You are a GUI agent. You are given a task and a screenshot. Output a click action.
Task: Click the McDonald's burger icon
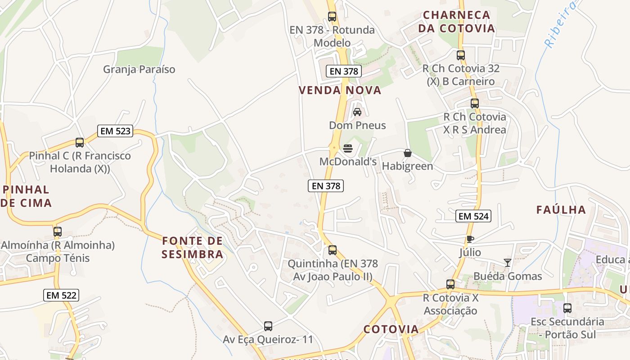347,148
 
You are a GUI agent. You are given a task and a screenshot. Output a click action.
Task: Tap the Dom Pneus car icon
357,112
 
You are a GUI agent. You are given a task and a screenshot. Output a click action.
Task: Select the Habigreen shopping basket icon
408,153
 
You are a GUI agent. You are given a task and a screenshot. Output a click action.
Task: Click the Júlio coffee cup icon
470,239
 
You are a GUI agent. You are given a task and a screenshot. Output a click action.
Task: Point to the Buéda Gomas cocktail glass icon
508,263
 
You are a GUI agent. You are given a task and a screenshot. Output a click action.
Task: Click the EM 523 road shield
115,131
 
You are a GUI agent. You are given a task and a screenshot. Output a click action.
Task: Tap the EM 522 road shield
61,295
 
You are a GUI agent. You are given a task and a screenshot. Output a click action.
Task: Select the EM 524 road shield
473,216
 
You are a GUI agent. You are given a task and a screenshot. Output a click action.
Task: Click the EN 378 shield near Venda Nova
344,71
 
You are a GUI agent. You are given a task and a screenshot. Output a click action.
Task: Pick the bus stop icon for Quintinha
333,250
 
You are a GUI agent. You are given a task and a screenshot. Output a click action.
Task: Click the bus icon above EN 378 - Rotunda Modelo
332,17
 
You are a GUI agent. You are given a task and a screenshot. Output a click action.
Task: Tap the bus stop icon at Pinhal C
80,143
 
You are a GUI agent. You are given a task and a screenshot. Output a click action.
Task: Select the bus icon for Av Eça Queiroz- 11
268,326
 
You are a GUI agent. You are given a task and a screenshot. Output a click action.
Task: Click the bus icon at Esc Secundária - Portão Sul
567,308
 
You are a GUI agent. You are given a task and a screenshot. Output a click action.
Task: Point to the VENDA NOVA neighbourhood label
340,90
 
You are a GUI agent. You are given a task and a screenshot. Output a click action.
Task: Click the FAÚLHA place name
561,210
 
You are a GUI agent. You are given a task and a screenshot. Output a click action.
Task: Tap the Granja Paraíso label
139,69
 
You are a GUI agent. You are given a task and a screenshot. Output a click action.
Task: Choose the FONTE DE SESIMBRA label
193,247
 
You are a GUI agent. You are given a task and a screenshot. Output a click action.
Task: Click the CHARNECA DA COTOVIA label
456,22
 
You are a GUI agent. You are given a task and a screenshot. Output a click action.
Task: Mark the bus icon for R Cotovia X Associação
450,284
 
